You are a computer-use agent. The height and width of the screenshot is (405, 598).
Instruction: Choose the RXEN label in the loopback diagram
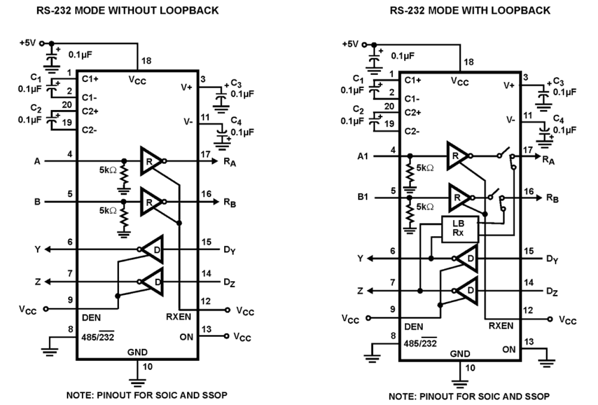501,326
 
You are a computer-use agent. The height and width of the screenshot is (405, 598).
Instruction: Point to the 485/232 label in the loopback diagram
419,343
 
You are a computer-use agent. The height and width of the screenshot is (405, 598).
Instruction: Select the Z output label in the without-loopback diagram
38,282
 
